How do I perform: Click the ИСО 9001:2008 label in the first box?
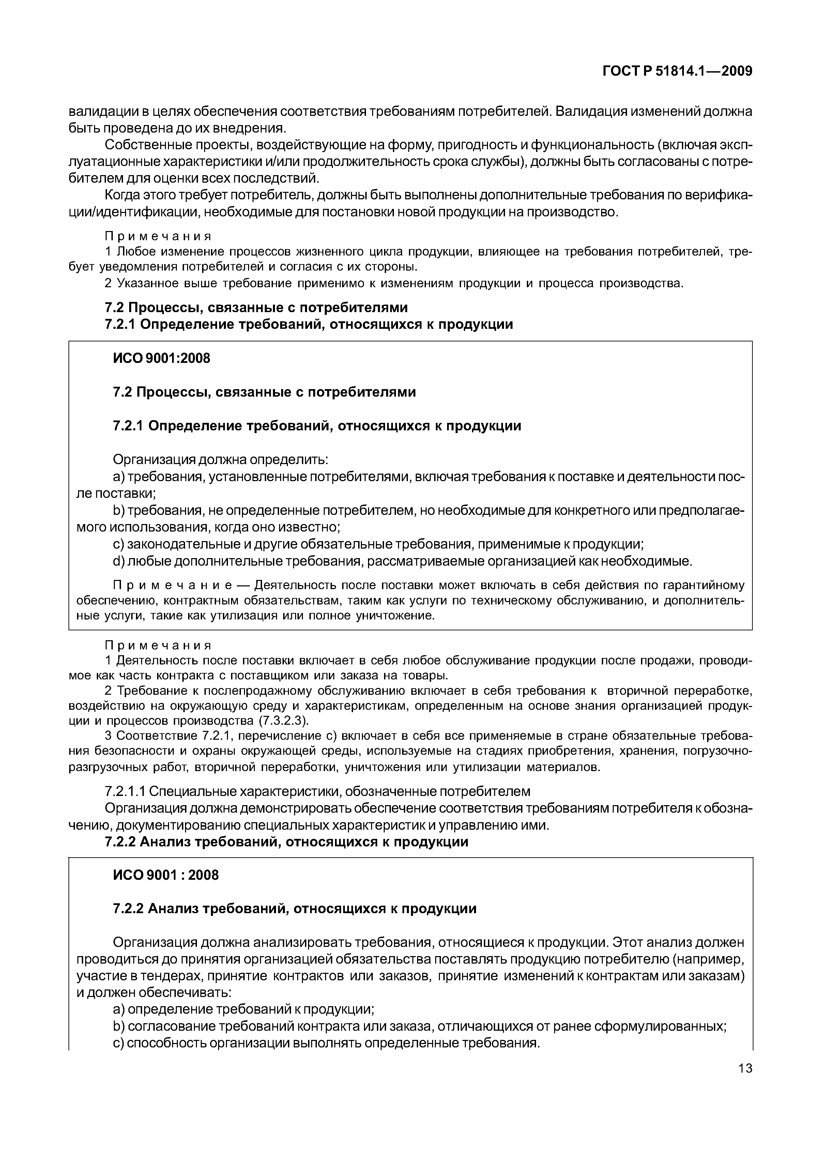pyautogui.click(x=161, y=358)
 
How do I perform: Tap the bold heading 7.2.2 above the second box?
pyautogui.click(x=286, y=842)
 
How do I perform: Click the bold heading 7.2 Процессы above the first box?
pyautogui.click(x=256, y=307)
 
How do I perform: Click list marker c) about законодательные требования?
pyautogui.click(x=119, y=544)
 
